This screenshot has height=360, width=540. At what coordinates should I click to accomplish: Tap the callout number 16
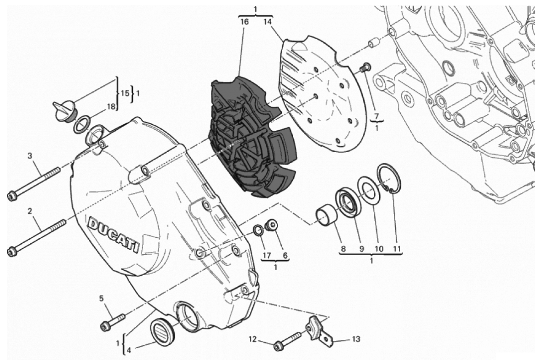(x=245, y=22)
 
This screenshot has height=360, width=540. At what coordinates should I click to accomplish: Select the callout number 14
(x=268, y=22)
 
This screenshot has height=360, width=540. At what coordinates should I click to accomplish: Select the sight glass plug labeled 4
(x=163, y=332)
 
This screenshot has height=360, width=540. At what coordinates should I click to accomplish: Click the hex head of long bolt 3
(x=12, y=196)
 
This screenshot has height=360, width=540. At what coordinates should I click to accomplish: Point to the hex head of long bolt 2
(x=12, y=251)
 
